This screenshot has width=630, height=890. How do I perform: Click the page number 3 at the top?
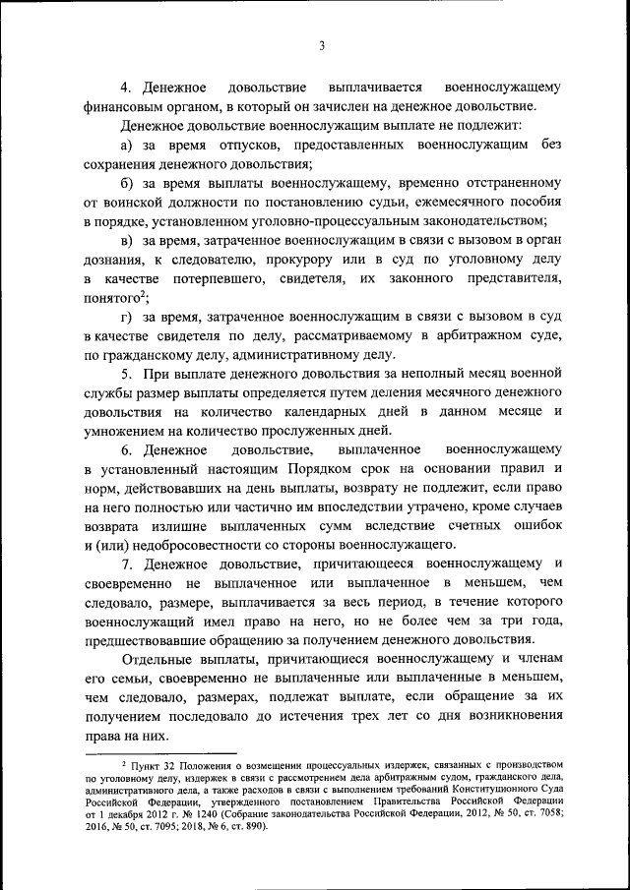click(x=322, y=44)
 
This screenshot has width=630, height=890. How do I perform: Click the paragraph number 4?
click(x=125, y=87)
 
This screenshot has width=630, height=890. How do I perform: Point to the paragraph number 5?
click(x=125, y=376)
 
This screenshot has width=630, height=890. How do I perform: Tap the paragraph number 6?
click(x=125, y=449)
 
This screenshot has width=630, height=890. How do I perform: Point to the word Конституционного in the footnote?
click(x=491, y=789)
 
